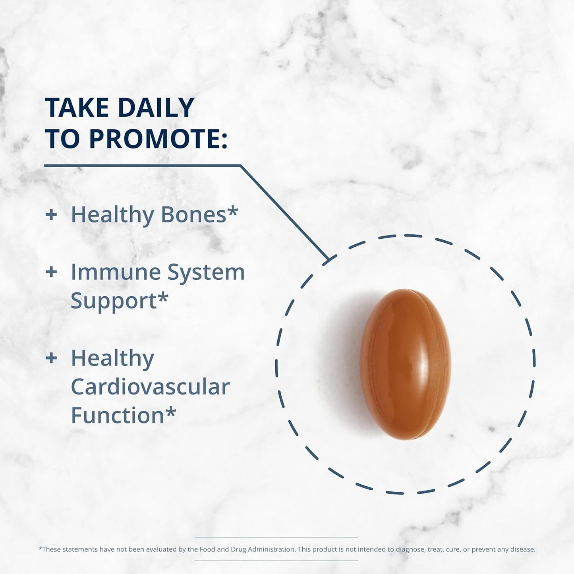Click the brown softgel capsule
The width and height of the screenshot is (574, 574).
tap(405, 364)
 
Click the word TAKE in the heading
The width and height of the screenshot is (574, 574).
tap(77, 108)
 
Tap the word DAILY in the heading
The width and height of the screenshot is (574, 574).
tap(156, 108)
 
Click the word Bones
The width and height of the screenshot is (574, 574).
tap(193, 215)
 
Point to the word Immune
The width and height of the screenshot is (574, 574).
tap(116, 273)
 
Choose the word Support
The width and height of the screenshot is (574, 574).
tap(114, 301)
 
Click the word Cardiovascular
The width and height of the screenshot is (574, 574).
tap(150, 387)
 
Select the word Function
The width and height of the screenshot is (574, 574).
tap(118, 416)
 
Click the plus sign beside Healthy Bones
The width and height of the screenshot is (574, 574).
tap(51, 215)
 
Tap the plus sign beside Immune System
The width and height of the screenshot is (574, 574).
tap(51, 273)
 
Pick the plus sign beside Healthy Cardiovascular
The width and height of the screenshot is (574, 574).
tap(51, 358)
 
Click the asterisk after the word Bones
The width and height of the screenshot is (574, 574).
tap(232, 211)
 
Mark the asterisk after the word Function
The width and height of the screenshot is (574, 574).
tap(170, 412)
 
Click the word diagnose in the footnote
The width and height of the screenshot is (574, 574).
tap(410, 549)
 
